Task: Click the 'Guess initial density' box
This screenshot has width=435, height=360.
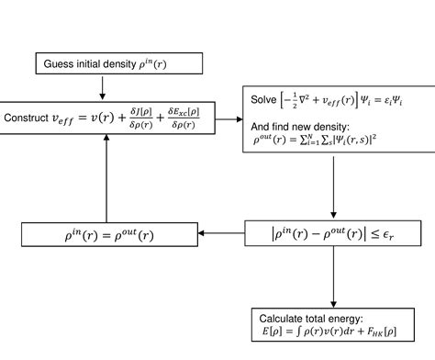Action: [x=101, y=64]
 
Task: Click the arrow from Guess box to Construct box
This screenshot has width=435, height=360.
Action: [x=103, y=88]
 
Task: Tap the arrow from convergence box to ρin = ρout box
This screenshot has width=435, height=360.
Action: [x=221, y=233]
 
